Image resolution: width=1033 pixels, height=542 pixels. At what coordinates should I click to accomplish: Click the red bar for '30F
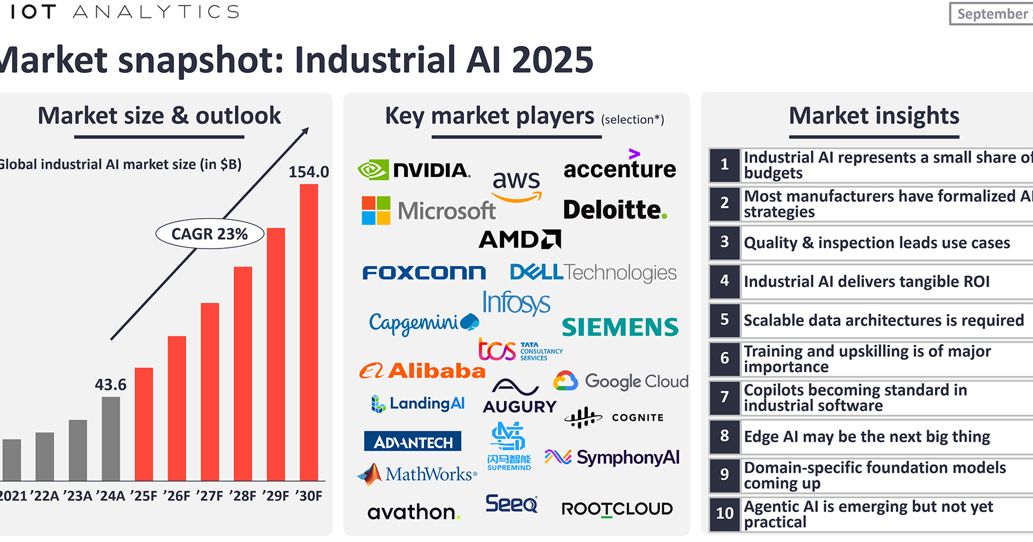308,332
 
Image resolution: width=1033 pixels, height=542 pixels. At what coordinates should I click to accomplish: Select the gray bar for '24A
111,439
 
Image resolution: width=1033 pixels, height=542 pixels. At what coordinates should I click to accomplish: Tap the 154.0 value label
308,172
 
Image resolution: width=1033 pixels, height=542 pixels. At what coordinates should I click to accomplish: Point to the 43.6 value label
111,385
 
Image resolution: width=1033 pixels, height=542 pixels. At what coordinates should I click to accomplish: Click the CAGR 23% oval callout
210,234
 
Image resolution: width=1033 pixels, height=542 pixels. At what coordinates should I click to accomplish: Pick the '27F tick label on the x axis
210,496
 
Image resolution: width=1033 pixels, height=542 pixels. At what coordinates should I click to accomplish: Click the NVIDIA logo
414,170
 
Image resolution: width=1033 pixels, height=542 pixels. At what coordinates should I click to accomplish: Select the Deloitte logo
615,210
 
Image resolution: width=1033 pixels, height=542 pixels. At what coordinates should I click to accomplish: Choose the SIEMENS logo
620,327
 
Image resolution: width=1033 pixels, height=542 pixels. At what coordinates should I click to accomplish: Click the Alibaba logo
422,371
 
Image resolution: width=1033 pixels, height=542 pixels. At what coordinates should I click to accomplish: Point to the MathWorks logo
417,474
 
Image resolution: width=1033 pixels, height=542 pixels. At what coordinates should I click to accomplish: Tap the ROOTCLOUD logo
617,509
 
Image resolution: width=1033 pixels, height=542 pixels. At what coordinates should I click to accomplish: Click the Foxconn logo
424,273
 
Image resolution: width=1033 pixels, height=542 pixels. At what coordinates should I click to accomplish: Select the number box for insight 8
725,436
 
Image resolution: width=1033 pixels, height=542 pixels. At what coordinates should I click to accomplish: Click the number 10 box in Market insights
725,513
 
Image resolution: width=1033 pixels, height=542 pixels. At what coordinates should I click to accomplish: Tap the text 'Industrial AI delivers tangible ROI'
867,281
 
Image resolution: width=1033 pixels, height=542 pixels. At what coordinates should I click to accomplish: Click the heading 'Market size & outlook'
159,116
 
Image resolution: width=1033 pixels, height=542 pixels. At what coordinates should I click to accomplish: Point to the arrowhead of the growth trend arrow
305,130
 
